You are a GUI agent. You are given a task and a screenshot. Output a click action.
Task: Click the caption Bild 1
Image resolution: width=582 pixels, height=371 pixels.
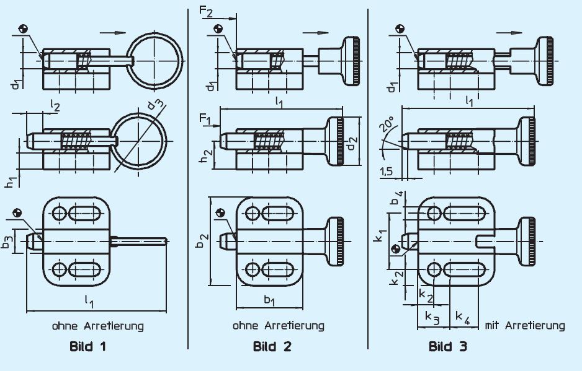[87, 347]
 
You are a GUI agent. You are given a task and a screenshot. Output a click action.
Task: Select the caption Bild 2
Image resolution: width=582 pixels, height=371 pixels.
[272, 347]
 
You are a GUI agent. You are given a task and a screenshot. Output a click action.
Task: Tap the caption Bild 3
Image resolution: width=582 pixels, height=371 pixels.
[448, 347]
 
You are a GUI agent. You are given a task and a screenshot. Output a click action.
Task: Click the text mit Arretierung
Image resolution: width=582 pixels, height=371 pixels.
[525, 325]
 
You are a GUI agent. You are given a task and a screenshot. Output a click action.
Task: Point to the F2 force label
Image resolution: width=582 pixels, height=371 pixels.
[206, 11]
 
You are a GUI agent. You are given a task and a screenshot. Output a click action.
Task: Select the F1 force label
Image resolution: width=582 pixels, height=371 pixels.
[204, 117]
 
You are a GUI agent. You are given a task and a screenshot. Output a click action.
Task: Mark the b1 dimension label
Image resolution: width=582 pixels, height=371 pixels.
[269, 300]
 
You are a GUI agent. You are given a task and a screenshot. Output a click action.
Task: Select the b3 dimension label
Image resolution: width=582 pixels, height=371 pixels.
[7, 242]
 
